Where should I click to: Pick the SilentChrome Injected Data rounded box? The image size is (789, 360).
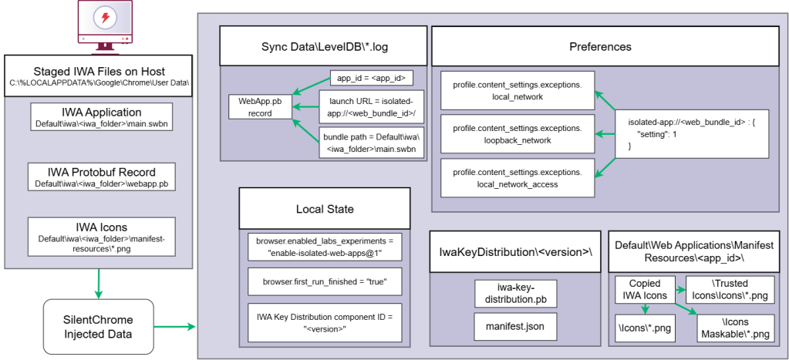coord(98,326)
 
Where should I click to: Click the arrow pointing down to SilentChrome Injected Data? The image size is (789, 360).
coord(99,284)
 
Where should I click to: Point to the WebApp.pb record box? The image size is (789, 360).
coord(260,106)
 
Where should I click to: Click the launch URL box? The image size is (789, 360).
coord(371,106)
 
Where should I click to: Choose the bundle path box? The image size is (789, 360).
coord(371,143)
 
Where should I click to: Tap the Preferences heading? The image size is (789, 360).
coord(600,47)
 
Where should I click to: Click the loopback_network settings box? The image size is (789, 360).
coord(518,133)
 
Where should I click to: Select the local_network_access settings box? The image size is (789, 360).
coord(518,177)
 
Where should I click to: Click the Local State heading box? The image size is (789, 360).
coord(324,210)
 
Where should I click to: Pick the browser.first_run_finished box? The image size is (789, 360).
coord(324,282)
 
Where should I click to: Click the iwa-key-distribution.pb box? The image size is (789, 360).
coord(516,294)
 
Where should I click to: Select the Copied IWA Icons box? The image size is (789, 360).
coord(645,290)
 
